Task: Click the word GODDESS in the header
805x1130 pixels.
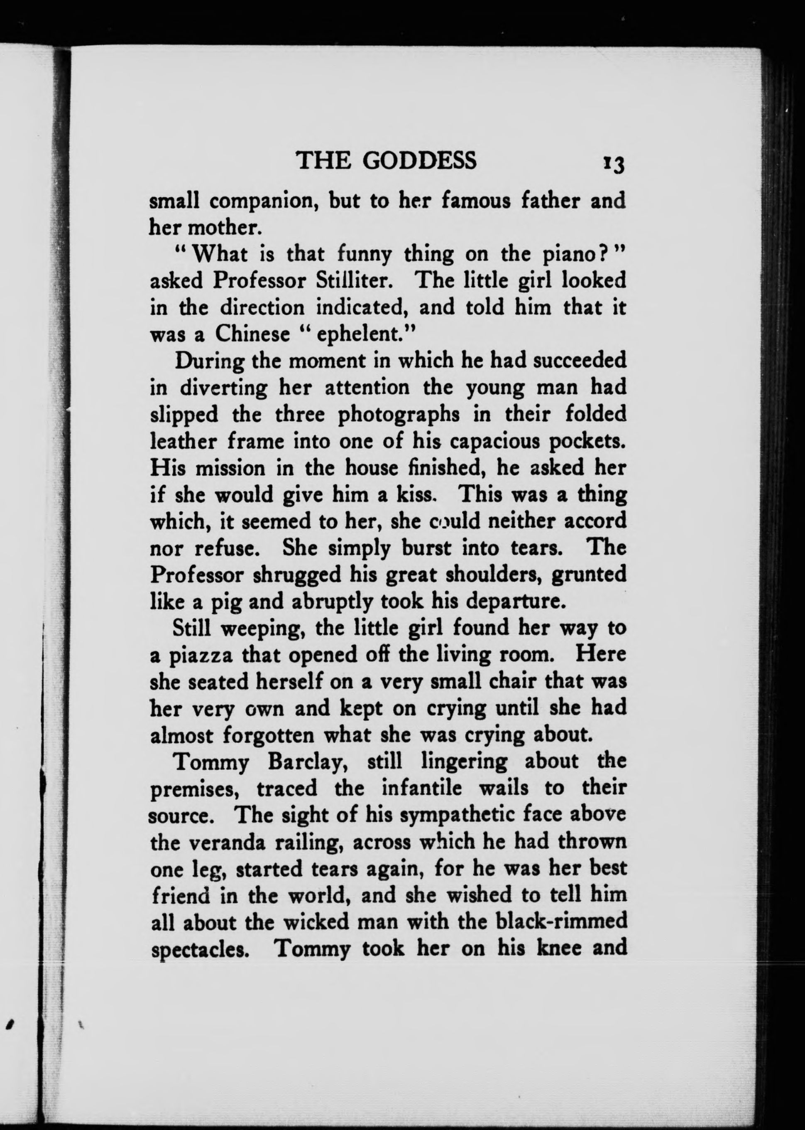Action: [420, 161]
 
